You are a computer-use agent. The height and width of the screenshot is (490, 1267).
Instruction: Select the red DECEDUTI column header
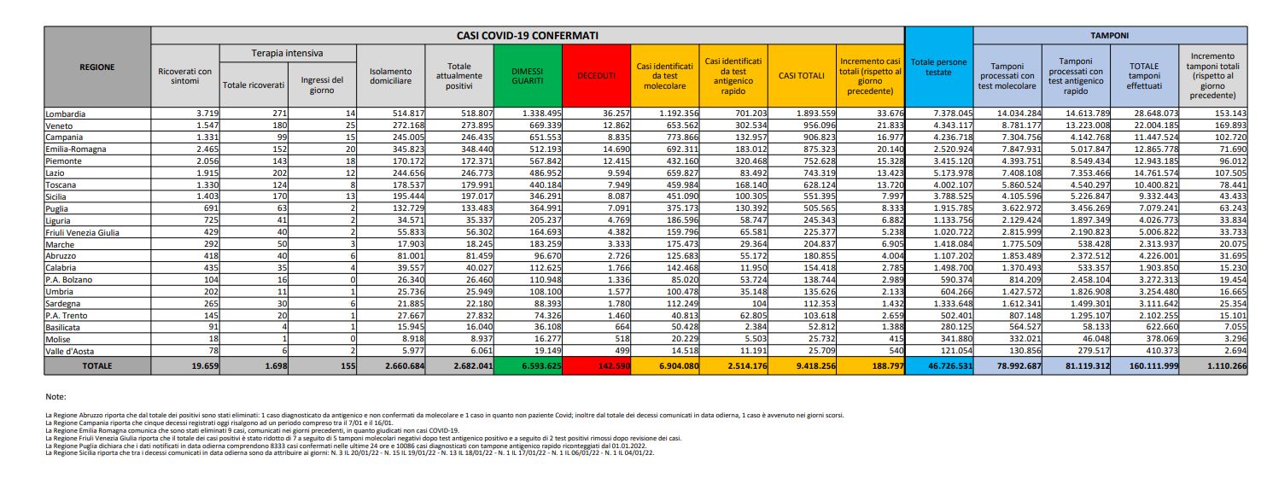595,75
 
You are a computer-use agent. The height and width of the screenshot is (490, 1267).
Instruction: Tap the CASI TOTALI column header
802,75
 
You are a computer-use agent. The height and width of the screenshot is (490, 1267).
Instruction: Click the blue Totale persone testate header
938,67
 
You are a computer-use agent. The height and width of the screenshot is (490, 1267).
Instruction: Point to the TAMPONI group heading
1109,36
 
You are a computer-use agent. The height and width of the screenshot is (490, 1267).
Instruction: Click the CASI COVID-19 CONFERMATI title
527,36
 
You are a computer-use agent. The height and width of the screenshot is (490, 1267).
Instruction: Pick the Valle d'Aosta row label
70,350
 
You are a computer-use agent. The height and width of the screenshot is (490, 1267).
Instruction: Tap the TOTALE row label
96,365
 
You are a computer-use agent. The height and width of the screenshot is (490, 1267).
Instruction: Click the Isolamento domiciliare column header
390,75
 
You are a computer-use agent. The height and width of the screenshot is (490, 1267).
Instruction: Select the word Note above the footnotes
56,397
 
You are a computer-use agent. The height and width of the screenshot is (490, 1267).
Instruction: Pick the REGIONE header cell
96,67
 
